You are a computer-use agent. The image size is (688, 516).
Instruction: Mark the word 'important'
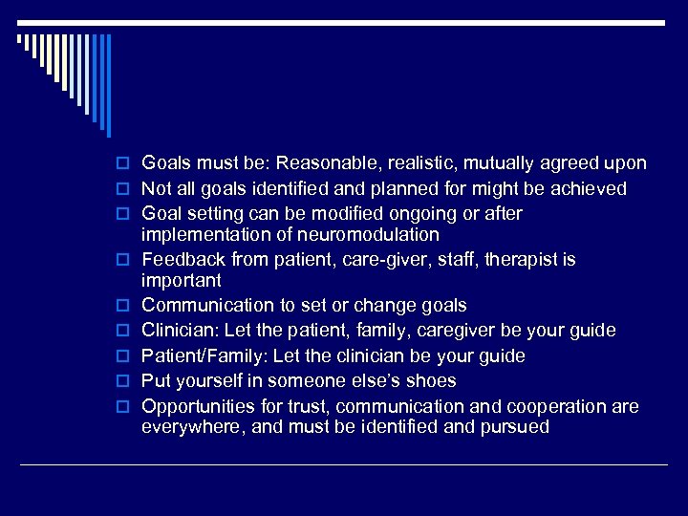coord(181,281)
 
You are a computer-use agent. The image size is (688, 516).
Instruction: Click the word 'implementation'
coord(200,235)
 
